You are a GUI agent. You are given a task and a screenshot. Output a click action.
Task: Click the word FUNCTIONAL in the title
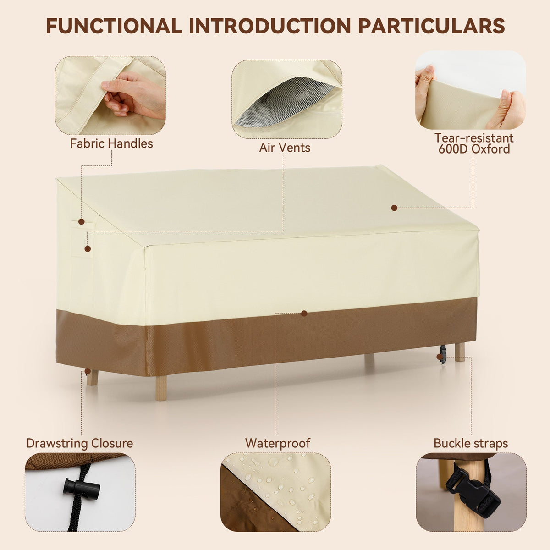tap(114, 26)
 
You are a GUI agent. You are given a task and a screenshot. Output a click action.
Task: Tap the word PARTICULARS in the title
tap(431, 26)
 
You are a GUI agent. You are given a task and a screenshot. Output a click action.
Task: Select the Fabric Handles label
tap(111, 143)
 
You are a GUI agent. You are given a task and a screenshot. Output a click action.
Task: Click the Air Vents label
tap(285, 148)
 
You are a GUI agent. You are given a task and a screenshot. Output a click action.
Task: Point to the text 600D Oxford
tap(474, 149)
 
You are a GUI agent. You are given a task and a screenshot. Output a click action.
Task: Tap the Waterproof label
tap(277, 443)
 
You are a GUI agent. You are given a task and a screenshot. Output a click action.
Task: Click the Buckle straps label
tap(471, 443)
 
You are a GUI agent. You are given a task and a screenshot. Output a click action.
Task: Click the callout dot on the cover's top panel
tap(394, 208)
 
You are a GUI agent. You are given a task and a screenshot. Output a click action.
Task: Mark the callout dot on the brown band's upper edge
tap(304, 313)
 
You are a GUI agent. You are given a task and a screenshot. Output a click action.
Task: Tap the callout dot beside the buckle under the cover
tap(440, 357)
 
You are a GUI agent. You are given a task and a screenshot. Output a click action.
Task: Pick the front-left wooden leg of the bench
tap(161, 388)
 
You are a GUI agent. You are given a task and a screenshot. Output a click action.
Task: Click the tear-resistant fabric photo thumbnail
tap(470, 90)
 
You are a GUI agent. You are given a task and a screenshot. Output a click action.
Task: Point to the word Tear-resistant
tap(474, 138)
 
